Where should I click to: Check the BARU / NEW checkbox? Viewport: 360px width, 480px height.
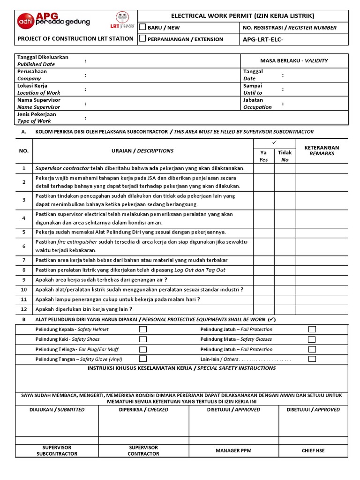coord(142,28)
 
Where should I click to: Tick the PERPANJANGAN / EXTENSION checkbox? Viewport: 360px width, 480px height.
coord(142,39)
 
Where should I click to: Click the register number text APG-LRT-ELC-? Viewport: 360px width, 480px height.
coord(263,39)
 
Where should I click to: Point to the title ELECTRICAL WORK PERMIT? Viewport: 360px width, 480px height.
coord(243,16)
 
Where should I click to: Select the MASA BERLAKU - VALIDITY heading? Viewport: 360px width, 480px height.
coord(294,60)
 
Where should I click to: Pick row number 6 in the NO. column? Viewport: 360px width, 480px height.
coord(24,247)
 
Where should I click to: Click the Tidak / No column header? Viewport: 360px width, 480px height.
coord(285,156)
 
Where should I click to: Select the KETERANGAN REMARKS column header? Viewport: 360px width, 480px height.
coord(322,150)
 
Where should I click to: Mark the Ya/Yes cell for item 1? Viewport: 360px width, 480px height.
coord(264,168)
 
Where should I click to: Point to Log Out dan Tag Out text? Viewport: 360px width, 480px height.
coord(200,270)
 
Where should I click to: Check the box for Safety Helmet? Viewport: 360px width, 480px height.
coord(143,330)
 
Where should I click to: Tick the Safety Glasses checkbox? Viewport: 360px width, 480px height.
coord(312,339)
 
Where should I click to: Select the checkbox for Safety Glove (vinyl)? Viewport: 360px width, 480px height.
coord(143,359)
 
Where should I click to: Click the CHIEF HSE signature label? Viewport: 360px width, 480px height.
coord(313,450)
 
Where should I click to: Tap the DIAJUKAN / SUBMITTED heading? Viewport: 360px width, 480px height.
coord(57,409)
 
